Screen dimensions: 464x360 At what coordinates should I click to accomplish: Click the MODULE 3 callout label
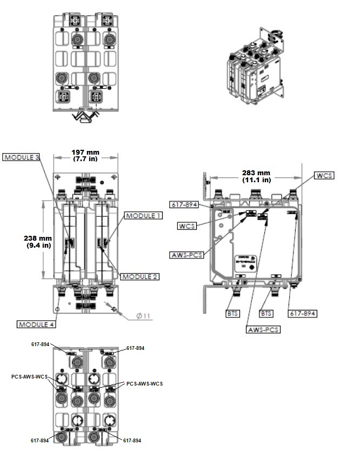click(21, 157)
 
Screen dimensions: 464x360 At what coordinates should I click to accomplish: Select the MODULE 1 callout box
click(143, 215)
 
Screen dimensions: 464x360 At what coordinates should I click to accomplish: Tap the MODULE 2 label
click(139, 276)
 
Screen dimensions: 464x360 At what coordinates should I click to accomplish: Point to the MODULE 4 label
click(36, 324)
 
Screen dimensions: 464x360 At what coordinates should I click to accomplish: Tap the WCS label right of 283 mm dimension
click(324, 176)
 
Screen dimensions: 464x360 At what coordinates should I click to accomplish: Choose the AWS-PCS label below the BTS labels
click(263, 329)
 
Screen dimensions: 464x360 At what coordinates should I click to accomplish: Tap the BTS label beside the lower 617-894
click(266, 313)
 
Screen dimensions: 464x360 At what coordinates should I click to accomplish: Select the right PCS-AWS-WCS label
click(144, 383)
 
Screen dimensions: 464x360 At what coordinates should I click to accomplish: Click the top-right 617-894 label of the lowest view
click(135, 348)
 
